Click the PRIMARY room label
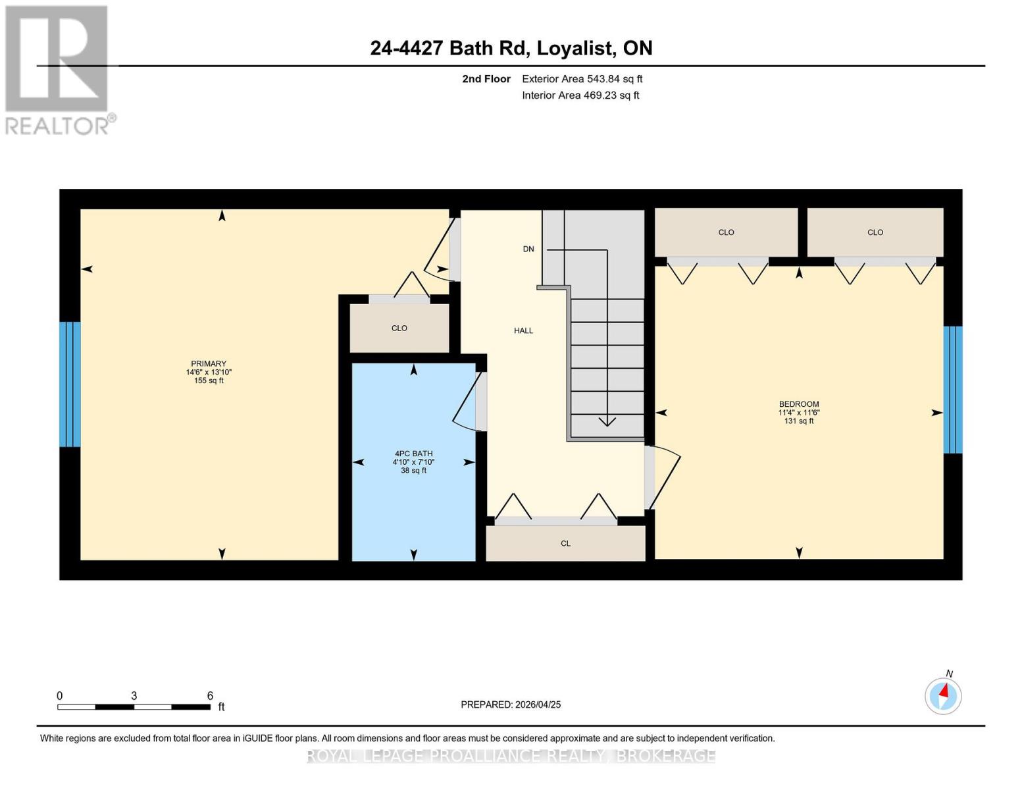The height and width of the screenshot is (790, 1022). [209, 363]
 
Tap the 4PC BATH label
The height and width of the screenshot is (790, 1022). [413, 454]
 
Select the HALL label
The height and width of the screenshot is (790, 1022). [523, 330]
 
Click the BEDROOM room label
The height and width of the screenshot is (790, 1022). [798, 404]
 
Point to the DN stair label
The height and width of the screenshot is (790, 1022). [528, 249]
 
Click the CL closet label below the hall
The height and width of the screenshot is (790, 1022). [565, 543]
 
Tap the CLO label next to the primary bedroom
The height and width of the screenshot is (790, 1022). [399, 328]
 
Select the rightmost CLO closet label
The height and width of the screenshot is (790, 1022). [875, 232]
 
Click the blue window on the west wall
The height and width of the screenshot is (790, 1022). [70, 384]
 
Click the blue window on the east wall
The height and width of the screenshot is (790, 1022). [952, 390]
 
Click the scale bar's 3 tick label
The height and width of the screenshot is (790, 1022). [134, 696]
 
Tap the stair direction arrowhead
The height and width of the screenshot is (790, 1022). [607, 421]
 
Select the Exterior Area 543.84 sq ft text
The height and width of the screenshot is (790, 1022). [582, 79]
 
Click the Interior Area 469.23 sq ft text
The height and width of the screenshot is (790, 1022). [580, 95]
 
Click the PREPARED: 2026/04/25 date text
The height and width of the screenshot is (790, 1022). [511, 704]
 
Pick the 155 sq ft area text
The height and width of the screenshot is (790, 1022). [209, 381]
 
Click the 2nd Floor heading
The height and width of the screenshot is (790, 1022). [486, 79]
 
